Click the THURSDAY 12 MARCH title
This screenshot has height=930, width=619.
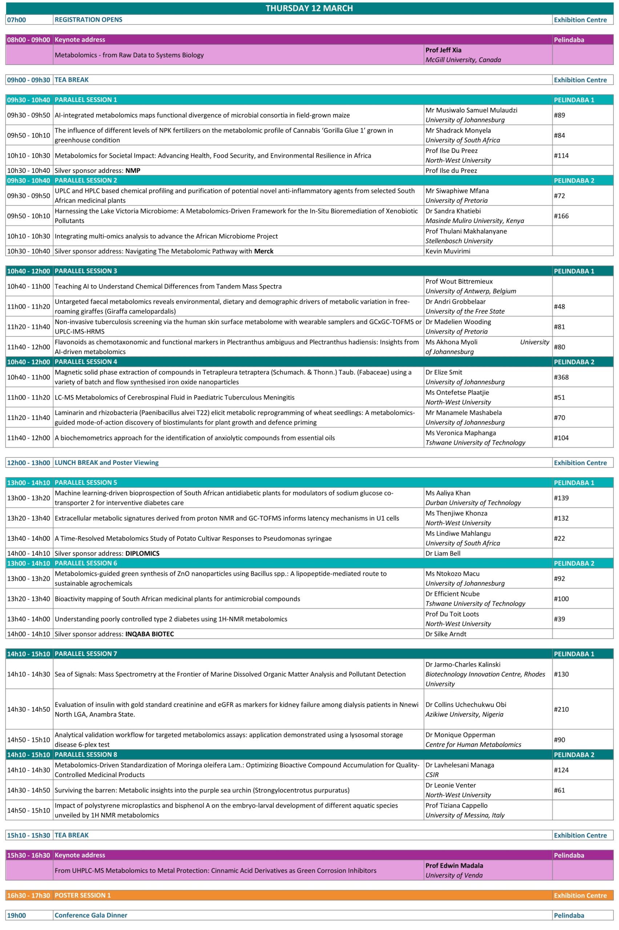[x=309, y=8]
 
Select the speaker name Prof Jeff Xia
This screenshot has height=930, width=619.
[x=443, y=50]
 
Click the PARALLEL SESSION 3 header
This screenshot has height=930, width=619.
[x=86, y=271]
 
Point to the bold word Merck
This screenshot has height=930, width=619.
[x=264, y=251]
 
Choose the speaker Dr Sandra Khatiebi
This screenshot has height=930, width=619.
[x=453, y=211]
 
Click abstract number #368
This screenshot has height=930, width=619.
[x=561, y=377]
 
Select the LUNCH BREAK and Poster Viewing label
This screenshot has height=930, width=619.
[x=106, y=463]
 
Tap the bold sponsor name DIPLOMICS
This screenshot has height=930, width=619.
[x=142, y=554]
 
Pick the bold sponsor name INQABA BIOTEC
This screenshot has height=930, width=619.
[x=149, y=634]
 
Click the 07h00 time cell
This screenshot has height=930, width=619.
[x=17, y=20]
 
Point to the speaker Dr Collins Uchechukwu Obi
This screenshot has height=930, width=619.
[x=466, y=704]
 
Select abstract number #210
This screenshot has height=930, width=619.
[x=561, y=709]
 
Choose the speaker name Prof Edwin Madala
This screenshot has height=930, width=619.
[x=454, y=865]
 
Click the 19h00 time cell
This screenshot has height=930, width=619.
[x=17, y=915]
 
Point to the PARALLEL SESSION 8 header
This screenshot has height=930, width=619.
[x=86, y=755]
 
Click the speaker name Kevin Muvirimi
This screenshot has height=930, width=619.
[x=448, y=251]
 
